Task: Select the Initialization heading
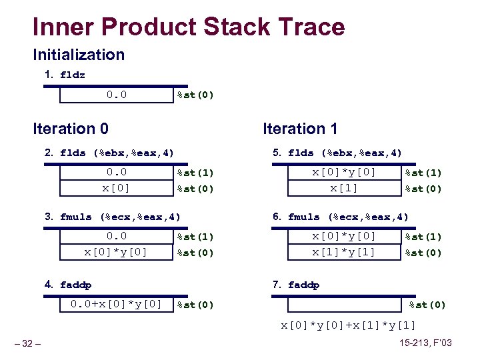tap(79, 55)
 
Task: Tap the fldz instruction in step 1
tap(73, 75)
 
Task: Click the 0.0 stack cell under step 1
tap(116, 95)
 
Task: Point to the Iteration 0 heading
tap(71, 129)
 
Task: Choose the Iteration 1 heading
tap(300, 129)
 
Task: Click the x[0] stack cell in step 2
tap(116, 188)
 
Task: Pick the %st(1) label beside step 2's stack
tap(195, 173)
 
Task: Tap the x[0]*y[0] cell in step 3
tap(116, 252)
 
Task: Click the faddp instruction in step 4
tap(76, 285)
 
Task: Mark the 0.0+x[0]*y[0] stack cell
tap(116, 305)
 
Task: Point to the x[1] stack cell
tap(344, 188)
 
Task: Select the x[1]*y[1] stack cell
tap(344, 252)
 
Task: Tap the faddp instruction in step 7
tap(304, 285)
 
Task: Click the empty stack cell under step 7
tap(344, 305)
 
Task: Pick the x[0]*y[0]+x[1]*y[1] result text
tap(349, 325)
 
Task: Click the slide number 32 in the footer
tap(27, 344)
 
